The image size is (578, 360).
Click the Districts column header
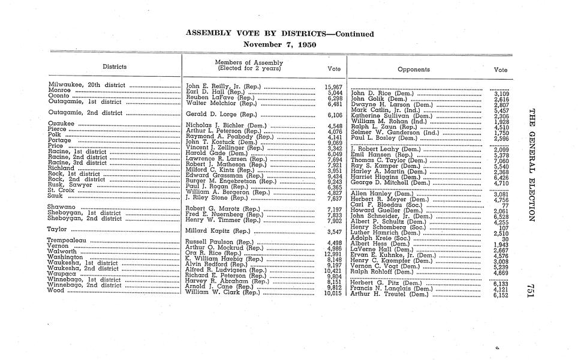coord(114,67)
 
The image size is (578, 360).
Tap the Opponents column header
coord(414,70)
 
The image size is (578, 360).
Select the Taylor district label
coord(56,230)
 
